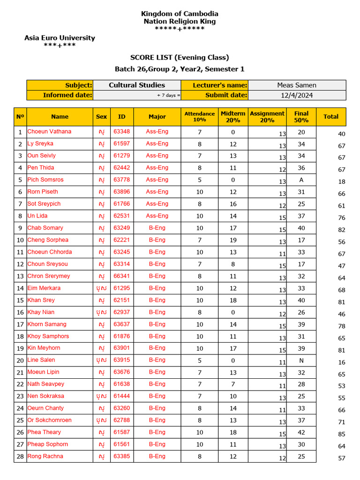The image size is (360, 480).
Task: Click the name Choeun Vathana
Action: tap(49, 132)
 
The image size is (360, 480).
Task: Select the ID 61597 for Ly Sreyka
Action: tap(121, 143)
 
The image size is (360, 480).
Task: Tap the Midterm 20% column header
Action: tap(233, 117)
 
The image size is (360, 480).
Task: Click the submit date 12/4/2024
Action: tap(297, 95)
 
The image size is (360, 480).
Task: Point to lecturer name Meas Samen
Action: tap(297, 85)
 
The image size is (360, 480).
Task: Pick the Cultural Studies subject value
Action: tap(137, 85)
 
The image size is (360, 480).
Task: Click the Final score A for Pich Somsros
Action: tap(301, 180)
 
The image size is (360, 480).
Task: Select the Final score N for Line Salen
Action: tap(301, 360)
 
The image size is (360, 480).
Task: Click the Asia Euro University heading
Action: tap(60, 38)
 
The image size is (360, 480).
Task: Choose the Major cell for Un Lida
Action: tap(157, 216)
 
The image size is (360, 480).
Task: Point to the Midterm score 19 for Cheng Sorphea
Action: tap(233, 240)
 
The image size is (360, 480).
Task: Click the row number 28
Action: tap(20, 457)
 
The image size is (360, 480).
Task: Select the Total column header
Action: tap(331, 117)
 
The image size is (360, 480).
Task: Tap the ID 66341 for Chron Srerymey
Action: tap(121, 276)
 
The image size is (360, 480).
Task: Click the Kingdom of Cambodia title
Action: tap(180, 14)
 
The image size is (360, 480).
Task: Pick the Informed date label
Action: tap(67, 95)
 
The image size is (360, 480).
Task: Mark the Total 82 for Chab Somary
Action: tap(341, 230)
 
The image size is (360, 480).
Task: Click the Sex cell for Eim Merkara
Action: tap(101, 288)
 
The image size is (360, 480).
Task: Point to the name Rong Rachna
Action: tap(45, 457)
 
